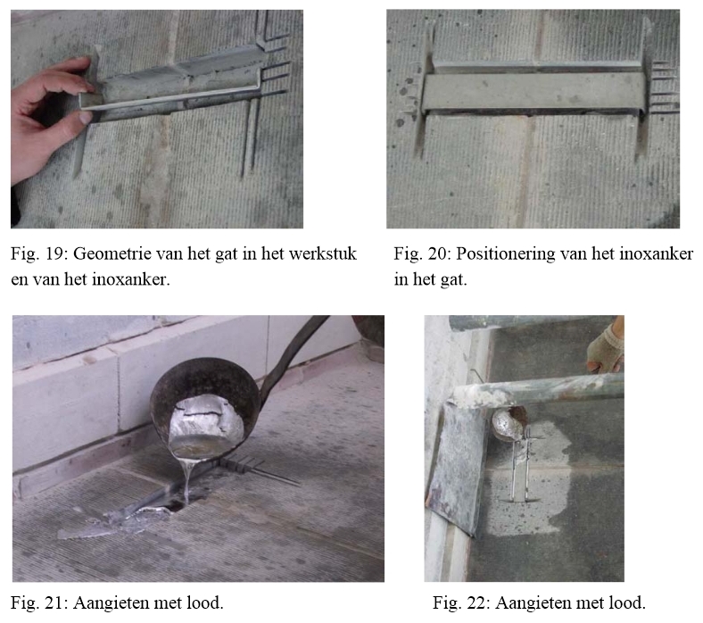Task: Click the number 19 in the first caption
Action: pos(54,253)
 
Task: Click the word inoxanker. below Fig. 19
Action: pos(131,279)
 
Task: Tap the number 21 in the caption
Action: pos(54,602)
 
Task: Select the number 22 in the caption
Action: pos(476,602)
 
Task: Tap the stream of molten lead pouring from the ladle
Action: pos(187,481)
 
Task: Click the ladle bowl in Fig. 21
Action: pos(205,410)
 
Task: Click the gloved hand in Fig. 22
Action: pos(605,346)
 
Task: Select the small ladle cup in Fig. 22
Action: pos(509,424)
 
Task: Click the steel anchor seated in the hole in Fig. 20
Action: pos(533,90)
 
